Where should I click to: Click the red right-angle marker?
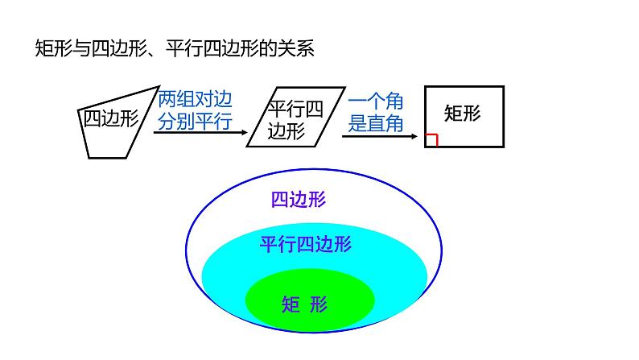(x=431, y=141)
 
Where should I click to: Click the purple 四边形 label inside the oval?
(x=299, y=200)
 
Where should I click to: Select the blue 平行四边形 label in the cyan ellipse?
(x=306, y=244)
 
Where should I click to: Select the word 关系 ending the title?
(x=298, y=48)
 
